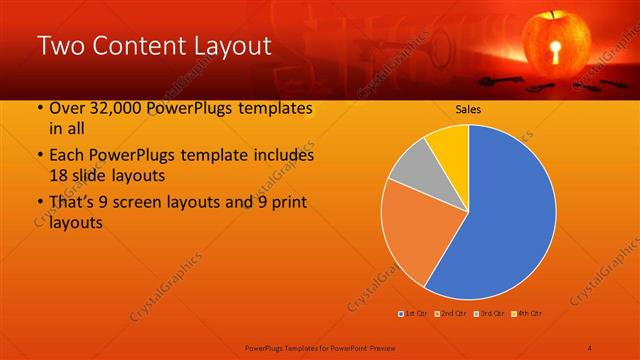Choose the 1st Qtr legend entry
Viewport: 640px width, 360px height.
click(x=413, y=314)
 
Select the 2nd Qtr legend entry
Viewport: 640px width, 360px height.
click(x=451, y=314)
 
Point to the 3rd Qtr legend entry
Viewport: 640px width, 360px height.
click(x=488, y=314)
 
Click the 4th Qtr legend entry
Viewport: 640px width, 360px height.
click(x=526, y=314)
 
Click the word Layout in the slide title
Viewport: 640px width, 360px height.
click(x=227, y=45)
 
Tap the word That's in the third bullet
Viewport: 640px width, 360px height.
click(x=74, y=203)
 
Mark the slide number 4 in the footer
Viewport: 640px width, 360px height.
click(x=590, y=347)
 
